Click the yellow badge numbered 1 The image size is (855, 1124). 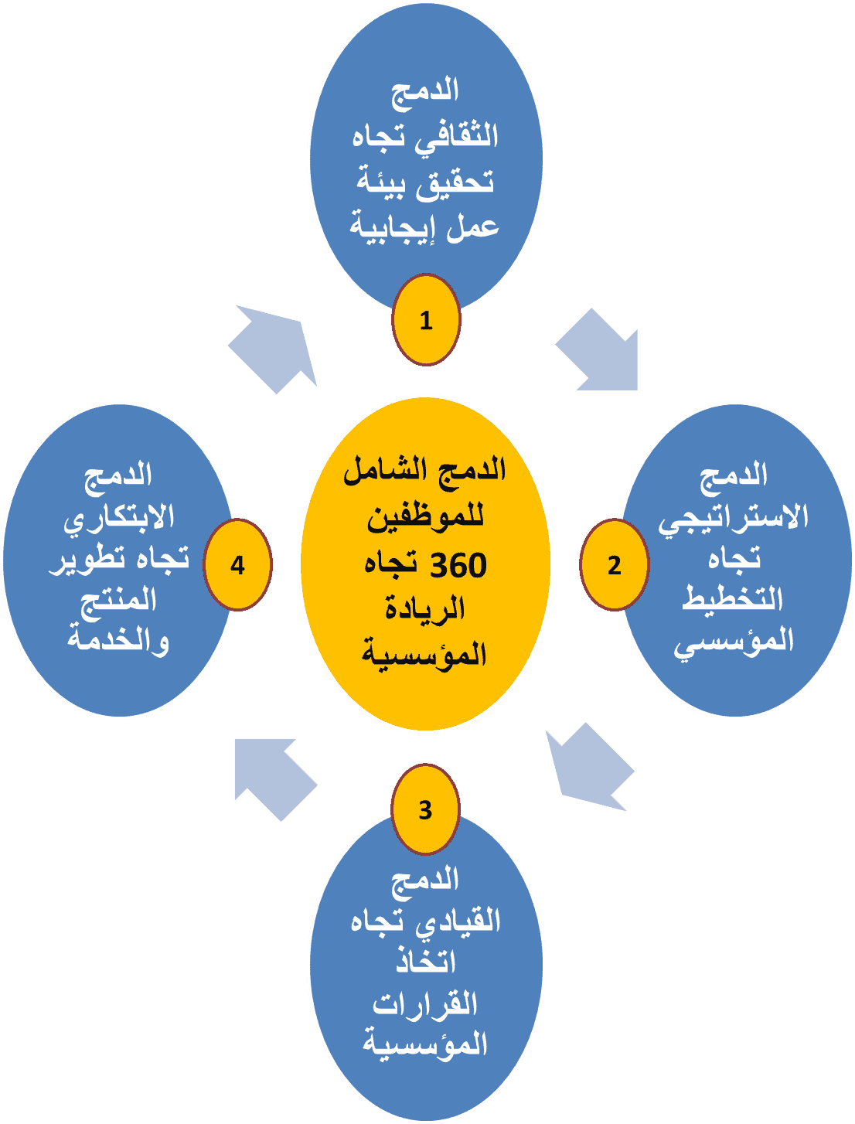(426, 320)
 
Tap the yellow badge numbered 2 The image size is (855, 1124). (615, 565)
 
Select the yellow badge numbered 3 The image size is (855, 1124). (426, 809)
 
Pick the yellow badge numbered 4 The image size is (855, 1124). (237, 565)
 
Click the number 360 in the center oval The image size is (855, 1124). (458, 567)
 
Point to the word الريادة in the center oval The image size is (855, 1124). (425, 610)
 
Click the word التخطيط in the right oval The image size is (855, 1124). (732, 599)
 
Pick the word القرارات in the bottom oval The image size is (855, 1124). (426, 1004)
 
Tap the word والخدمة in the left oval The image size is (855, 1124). (118, 641)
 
